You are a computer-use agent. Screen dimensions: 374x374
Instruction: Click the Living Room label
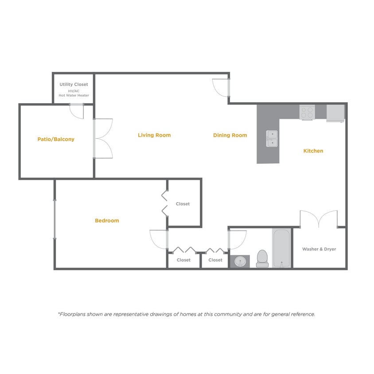click(x=154, y=135)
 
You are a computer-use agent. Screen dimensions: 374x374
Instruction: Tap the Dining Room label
click(x=230, y=135)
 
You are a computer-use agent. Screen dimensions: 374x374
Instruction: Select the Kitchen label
click(x=313, y=151)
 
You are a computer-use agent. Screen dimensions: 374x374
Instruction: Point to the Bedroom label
click(x=107, y=221)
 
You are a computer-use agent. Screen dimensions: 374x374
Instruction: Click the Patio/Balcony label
click(x=56, y=139)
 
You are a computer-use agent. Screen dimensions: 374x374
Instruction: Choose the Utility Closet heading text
click(x=74, y=84)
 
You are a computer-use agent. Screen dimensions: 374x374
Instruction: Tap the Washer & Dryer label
click(x=319, y=249)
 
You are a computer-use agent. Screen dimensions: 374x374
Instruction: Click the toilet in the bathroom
click(x=262, y=258)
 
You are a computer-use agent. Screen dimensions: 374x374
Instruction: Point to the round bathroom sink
click(x=240, y=261)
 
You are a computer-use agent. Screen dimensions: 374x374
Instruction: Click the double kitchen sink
click(x=272, y=138)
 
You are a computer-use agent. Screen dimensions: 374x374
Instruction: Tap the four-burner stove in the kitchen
click(x=307, y=112)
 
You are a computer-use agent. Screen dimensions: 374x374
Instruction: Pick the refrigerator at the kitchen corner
click(x=335, y=113)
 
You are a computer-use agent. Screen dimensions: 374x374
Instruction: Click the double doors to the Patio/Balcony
click(x=103, y=138)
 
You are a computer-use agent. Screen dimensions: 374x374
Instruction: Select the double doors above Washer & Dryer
click(x=319, y=219)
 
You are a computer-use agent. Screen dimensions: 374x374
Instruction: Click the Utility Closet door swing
click(x=77, y=111)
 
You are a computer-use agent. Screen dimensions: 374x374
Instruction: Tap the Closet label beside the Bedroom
click(x=183, y=204)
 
